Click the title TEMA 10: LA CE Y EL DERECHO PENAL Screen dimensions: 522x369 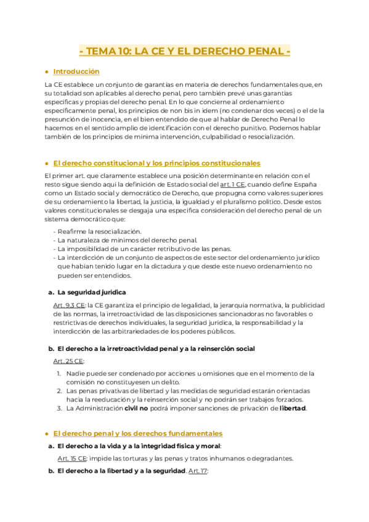pyautogui.click(x=185, y=52)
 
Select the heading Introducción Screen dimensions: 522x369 pyautogui.click(x=76, y=71)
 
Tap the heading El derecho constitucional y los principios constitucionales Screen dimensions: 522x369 pyautogui.click(x=156, y=163)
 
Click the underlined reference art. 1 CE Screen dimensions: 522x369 pyautogui.click(x=233, y=184)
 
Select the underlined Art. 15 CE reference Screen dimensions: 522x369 pyautogui.click(x=71, y=458)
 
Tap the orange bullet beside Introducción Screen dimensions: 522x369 pyautogui.click(x=47, y=72)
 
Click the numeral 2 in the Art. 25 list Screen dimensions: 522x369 pyautogui.click(x=59, y=391)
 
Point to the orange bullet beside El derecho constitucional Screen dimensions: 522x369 pyautogui.click(x=47, y=164)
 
